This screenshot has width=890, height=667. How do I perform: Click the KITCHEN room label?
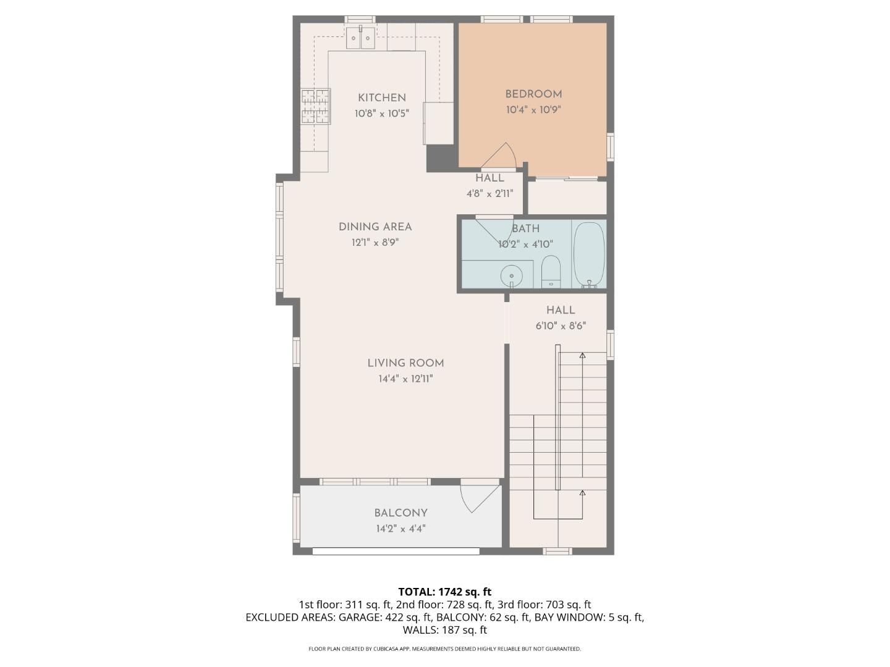(382, 98)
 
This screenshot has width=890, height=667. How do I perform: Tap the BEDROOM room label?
(533, 94)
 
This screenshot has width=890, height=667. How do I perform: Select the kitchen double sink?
(360, 38)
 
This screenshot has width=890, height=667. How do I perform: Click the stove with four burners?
(316, 106)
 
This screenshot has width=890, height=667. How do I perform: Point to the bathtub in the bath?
(588, 254)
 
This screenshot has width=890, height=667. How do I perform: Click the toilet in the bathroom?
(550, 271)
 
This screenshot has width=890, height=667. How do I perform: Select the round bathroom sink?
(512, 274)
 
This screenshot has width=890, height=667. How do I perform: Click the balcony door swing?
(478, 497)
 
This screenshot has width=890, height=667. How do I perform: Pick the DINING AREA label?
(375, 227)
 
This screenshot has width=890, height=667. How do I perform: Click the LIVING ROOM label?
(405, 363)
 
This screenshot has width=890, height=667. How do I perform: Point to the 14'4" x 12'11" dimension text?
(405, 379)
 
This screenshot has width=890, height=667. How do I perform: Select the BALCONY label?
(400, 513)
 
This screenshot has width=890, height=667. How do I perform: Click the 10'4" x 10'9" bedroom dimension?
(533, 110)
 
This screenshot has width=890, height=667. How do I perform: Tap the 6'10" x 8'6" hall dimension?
(561, 326)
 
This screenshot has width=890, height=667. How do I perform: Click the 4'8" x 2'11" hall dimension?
(489, 193)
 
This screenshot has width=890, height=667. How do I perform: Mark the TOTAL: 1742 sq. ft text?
(444, 592)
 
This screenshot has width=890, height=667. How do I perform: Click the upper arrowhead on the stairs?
(582, 356)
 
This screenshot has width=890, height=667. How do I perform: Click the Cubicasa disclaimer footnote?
(444, 649)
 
